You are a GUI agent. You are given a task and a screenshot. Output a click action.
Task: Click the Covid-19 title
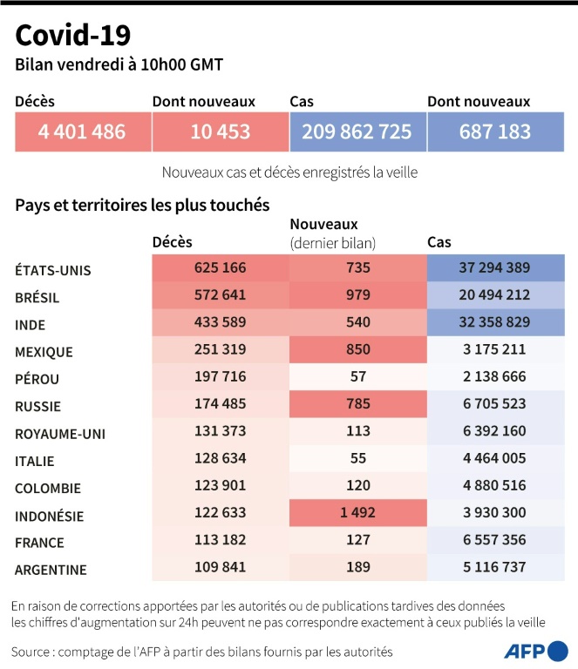[x=73, y=35]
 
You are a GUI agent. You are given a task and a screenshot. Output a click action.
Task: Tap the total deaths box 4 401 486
[x=82, y=132]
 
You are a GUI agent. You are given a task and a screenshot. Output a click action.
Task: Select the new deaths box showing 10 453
[x=220, y=132]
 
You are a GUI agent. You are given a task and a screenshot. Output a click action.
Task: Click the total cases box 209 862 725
[x=357, y=132]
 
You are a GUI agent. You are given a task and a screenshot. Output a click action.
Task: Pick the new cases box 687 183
[x=494, y=132]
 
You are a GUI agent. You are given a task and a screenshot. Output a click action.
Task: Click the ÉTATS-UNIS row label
[x=53, y=270]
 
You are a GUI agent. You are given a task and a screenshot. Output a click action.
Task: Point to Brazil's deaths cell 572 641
[x=219, y=296]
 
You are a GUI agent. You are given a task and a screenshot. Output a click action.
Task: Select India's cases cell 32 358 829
[x=494, y=323]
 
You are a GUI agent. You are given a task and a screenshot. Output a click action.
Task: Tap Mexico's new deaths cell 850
[x=357, y=350]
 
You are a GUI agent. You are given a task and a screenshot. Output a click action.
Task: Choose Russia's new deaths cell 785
[x=357, y=404]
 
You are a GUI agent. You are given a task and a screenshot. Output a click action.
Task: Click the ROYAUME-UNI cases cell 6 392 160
[x=494, y=432]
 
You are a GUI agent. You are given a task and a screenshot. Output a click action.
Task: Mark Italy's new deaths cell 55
[x=357, y=459]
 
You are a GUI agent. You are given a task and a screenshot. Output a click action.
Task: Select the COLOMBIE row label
[x=48, y=489]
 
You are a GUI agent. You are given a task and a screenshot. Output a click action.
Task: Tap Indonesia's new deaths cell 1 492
[x=357, y=513]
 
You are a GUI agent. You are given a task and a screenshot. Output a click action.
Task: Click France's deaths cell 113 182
[x=219, y=540]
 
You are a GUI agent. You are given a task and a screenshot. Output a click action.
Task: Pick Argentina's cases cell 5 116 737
[x=494, y=568]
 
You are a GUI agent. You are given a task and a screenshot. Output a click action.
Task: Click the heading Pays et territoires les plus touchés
[x=142, y=206]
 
